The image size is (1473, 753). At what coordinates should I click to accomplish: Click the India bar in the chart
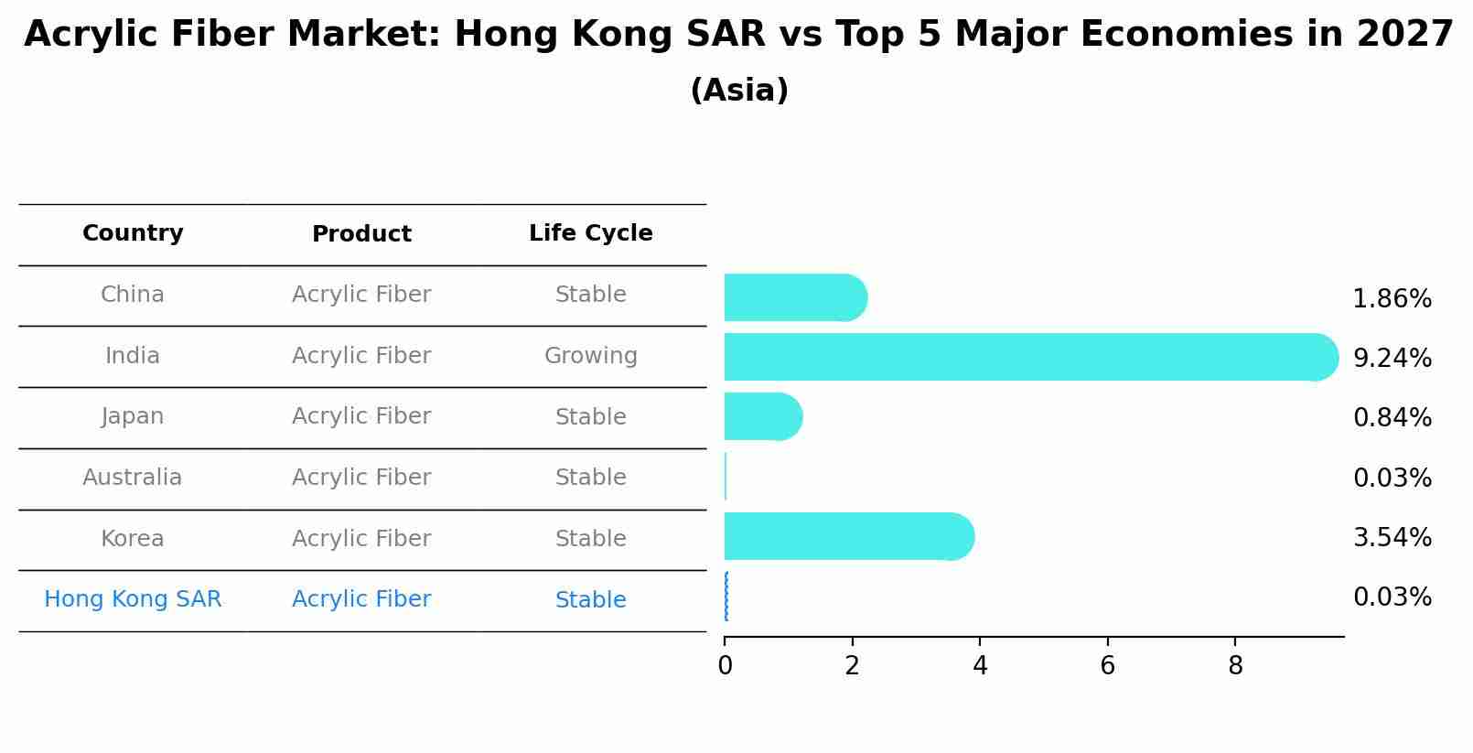(1029, 357)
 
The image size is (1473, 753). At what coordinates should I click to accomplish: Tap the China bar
(794, 297)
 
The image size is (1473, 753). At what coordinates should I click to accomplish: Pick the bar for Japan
(762, 416)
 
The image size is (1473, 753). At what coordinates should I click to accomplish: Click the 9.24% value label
(1392, 358)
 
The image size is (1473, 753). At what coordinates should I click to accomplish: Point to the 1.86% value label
(1392, 298)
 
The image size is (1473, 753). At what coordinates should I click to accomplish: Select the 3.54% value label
(1392, 537)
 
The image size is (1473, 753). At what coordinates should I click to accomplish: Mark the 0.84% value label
(1392, 417)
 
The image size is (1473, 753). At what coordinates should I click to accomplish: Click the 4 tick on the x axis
(980, 666)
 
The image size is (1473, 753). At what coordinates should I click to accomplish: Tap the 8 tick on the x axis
(1235, 666)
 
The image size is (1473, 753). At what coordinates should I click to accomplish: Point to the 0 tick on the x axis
(725, 666)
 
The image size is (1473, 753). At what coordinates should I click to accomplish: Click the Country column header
(133, 233)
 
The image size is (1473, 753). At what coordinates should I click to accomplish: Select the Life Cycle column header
(590, 233)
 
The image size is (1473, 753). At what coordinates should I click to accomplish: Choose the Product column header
(361, 234)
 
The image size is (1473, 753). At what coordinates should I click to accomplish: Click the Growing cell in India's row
(590, 356)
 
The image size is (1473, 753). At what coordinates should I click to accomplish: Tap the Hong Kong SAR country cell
(133, 599)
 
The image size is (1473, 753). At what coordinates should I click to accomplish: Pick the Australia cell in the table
(133, 478)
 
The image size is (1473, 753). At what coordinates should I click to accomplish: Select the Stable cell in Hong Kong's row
(590, 600)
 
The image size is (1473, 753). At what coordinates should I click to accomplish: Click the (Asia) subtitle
(739, 91)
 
